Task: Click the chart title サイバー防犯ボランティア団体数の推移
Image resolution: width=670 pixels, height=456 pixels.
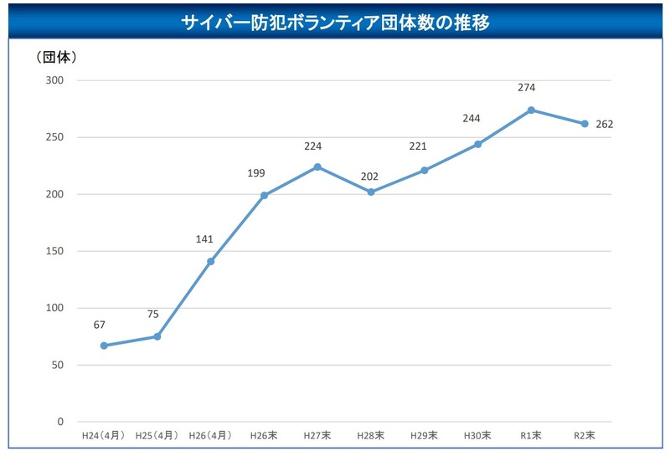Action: tap(335, 23)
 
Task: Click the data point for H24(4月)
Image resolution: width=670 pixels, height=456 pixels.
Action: tap(104, 346)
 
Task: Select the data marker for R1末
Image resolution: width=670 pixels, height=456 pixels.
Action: tap(531, 110)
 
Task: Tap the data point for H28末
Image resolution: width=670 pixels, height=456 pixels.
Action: tap(371, 192)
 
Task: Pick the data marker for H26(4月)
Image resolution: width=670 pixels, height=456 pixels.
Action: tap(210, 261)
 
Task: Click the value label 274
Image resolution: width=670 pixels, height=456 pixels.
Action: tap(526, 87)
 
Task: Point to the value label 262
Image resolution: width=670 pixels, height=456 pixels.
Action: tap(604, 125)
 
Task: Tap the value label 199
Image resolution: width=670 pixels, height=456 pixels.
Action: tap(258, 173)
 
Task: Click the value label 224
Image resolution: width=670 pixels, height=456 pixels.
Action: tap(312, 146)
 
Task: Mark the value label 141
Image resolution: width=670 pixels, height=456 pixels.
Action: tap(205, 239)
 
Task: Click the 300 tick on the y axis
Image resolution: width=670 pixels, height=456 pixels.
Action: tap(55, 80)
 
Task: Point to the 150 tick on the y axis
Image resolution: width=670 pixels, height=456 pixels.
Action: tap(55, 251)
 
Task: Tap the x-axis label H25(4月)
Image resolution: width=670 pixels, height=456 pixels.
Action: tap(157, 436)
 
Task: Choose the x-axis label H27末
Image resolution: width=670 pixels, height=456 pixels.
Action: tap(317, 436)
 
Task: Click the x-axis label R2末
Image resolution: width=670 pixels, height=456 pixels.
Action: tap(585, 436)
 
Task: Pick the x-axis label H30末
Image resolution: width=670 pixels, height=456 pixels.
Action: tap(477, 436)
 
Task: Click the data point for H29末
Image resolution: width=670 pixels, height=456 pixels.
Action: tap(425, 170)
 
